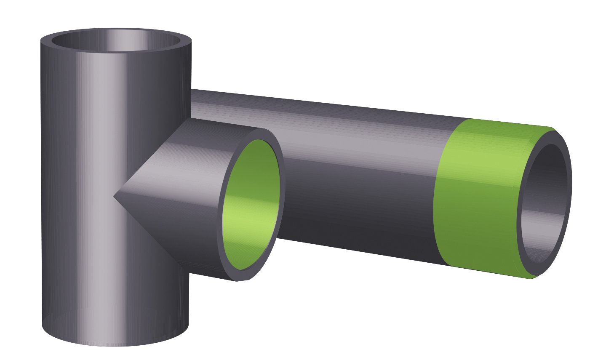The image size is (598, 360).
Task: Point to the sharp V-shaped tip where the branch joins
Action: (115, 196)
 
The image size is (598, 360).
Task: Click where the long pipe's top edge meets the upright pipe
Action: (192, 90)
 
